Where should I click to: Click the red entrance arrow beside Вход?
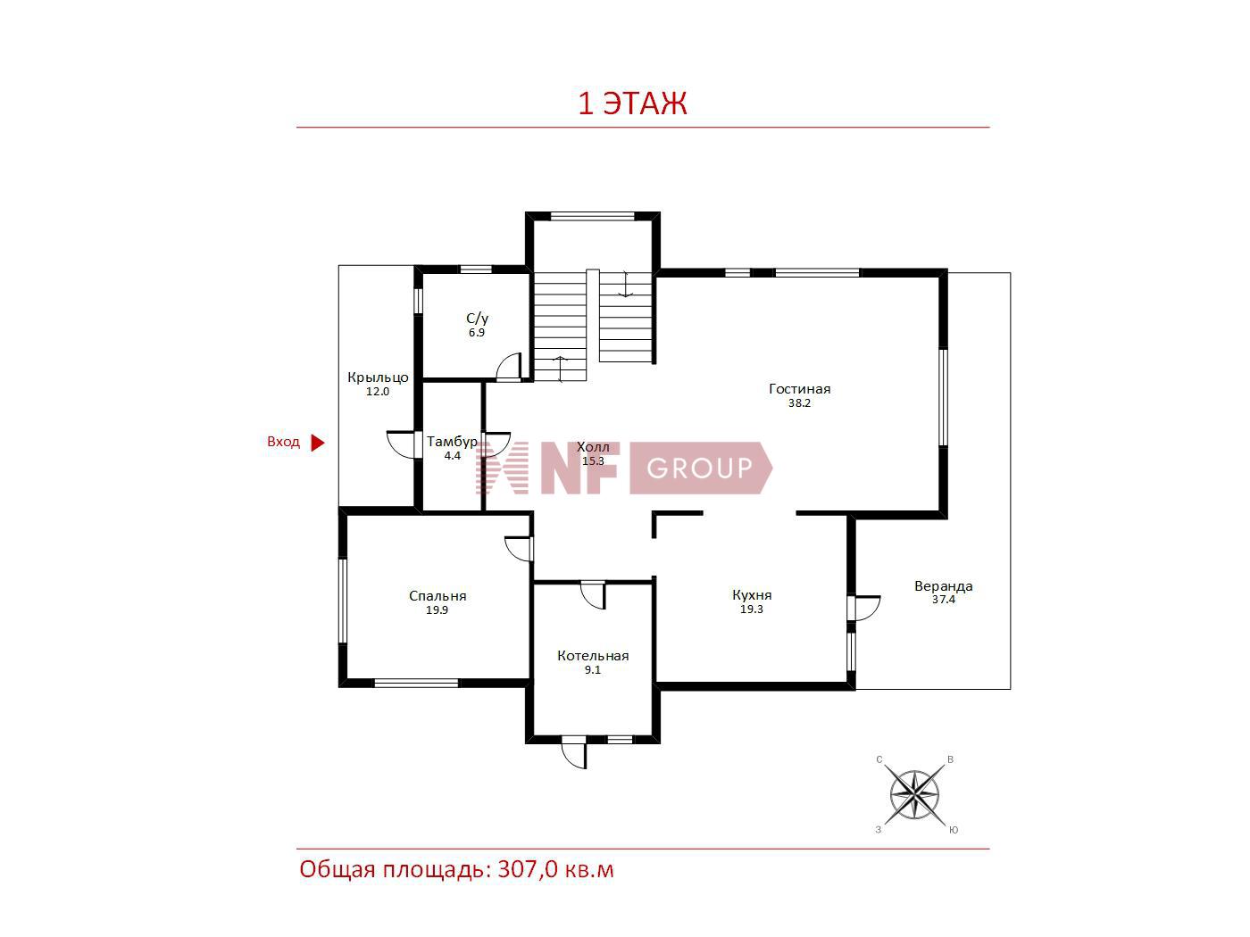[x=317, y=443]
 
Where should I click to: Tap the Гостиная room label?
[x=799, y=389]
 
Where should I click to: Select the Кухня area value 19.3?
[x=751, y=609]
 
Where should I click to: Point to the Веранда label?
[x=943, y=586]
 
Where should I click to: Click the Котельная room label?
[x=593, y=656]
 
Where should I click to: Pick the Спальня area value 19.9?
[x=437, y=610]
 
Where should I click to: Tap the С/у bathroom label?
[x=477, y=319]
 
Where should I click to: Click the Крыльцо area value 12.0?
[x=378, y=392]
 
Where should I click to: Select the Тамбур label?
[x=452, y=442]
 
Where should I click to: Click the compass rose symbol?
[x=914, y=795]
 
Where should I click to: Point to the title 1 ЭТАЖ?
[x=633, y=104]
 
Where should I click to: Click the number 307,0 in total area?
[x=528, y=869]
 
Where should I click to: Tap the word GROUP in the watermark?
[x=699, y=468]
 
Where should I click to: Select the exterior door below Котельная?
[x=574, y=752]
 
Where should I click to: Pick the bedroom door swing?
[x=518, y=549]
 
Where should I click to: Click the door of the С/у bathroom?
[x=509, y=367]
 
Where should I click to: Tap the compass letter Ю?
[x=954, y=830]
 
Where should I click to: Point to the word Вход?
[x=283, y=442]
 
